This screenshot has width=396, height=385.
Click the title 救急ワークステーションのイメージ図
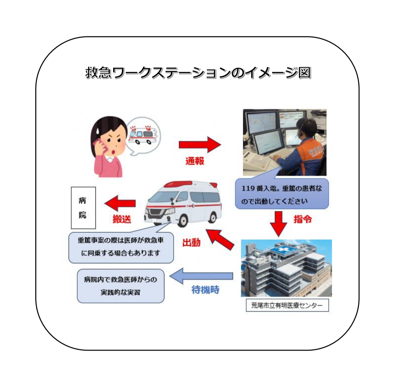(x=198, y=73)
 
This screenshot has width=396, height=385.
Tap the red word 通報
(x=195, y=161)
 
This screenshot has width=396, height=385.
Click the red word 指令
(x=302, y=219)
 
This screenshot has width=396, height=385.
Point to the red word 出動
(x=191, y=242)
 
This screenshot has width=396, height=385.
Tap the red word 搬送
(x=122, y=219)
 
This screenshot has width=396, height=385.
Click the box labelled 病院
(x=83, y=208)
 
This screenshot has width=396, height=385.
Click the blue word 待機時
(x=205, y=290)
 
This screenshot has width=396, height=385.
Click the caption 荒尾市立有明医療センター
(x=287, y=305)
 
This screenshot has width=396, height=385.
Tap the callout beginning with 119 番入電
(x=282, y=194)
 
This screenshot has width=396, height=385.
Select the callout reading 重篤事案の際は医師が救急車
(x=121, y=247)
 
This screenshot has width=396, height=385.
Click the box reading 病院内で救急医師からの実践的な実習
(x=120, y=286)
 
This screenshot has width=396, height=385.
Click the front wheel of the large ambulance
(x=182, y=220)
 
